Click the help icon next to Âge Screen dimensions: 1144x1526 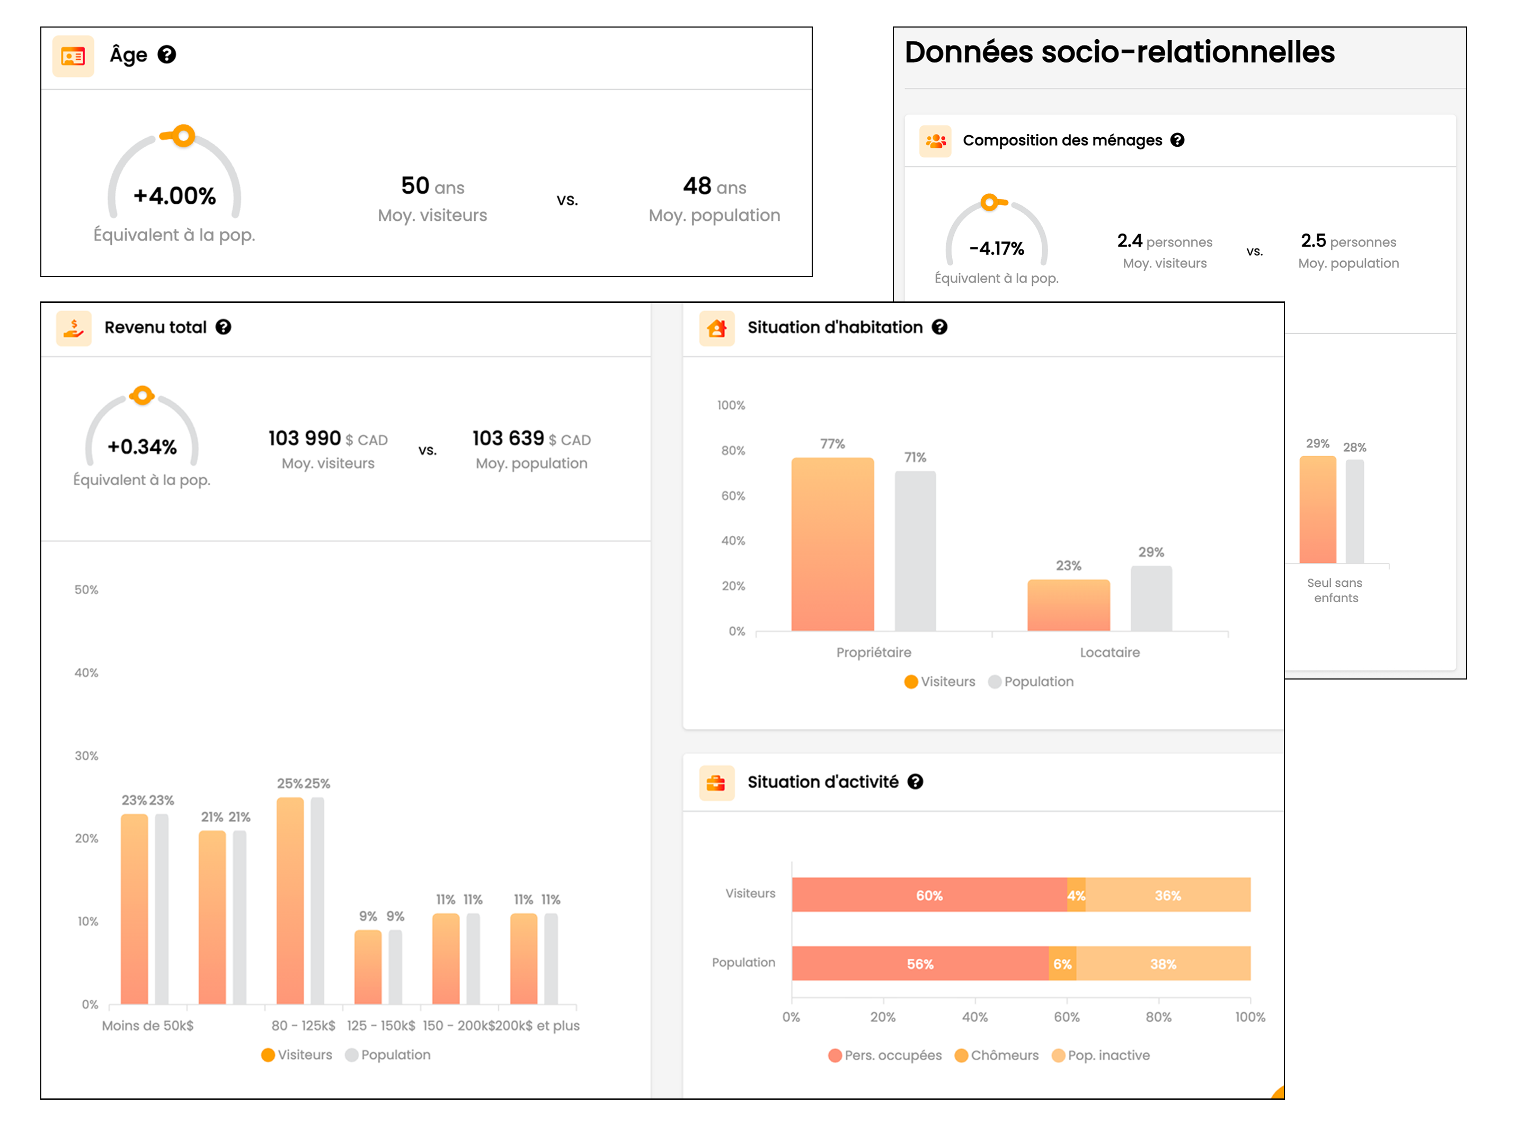pos(166,55)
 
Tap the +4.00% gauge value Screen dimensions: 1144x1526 pos(174,196)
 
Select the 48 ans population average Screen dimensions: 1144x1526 pos(714,186)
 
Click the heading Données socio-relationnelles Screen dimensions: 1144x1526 pos(1119,52)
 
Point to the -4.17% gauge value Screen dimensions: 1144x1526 pos(996,248)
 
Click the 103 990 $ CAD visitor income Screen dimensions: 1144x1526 pos(327,439)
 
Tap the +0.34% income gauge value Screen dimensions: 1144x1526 pos(142,447)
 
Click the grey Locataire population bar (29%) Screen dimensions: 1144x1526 pos(1151,598)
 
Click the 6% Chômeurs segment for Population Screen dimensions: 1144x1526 pos(1062,964)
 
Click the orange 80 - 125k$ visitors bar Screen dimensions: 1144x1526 pos(290,900)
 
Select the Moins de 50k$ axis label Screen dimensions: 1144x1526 pos(148,1025)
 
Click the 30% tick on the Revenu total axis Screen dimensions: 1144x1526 pos(86,756)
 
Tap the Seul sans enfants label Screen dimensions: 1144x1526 pos(1335,591)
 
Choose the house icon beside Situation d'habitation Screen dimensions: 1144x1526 pos(716,327)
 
